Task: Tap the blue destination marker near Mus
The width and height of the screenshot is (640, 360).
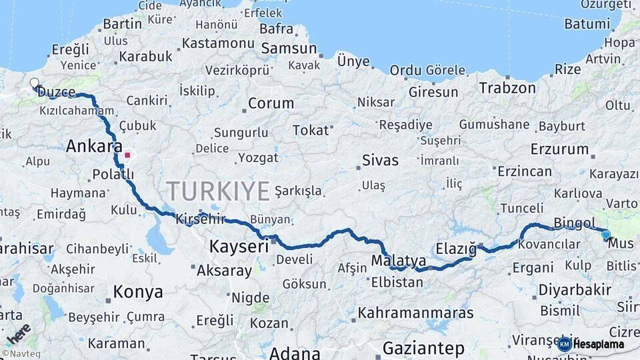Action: [x=605, y=235]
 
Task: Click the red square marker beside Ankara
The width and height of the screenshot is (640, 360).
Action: [x=127, y=155]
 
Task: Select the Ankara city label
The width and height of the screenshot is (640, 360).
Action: [x=94, y=146]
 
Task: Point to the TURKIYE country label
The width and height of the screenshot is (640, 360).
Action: [x=218, y=191]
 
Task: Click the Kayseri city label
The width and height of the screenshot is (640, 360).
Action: [x=239, y=247]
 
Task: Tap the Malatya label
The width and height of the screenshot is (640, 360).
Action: [x=399, y=260]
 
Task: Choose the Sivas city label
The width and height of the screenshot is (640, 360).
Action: [x=380, y=160]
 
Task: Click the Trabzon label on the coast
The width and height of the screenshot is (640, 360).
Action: [x=507, y=87]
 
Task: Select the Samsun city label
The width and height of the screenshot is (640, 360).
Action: [x=289, y=49]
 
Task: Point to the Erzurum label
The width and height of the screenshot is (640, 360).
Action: [x=559, y=149]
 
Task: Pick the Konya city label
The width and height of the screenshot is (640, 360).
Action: [x=138, y=291]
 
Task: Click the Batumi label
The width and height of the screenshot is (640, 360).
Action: [x=587, y=24]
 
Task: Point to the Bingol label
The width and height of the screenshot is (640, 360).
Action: [x=574, y=223]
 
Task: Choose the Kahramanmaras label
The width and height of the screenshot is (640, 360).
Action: [x=415, y=312]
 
